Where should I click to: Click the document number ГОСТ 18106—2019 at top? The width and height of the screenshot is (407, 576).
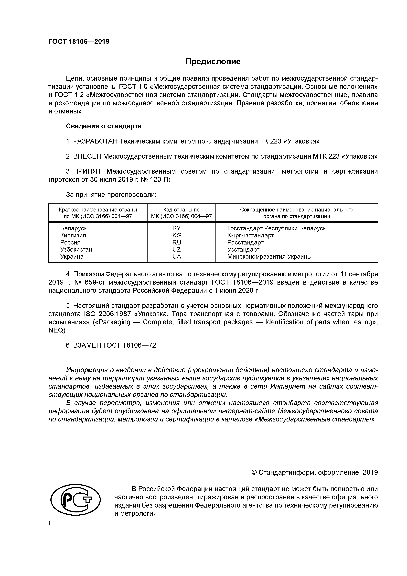(79, 42)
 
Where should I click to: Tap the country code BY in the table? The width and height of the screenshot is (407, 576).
(177, 228)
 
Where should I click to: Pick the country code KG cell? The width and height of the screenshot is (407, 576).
(177, 235)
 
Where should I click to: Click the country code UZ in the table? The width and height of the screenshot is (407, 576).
(177, 249)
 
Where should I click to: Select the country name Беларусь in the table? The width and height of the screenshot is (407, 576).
(74, 228)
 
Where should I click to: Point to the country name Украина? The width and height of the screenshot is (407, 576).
(72, 256)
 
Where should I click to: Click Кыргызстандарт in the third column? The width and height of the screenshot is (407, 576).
(251, 235)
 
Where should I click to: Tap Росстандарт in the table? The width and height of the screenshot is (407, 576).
(245, 242)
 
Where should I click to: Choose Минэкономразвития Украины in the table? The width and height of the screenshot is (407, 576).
(269, 256)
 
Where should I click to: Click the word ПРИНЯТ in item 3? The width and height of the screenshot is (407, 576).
(87, 171)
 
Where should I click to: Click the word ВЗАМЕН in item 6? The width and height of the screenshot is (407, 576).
(87, 345)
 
